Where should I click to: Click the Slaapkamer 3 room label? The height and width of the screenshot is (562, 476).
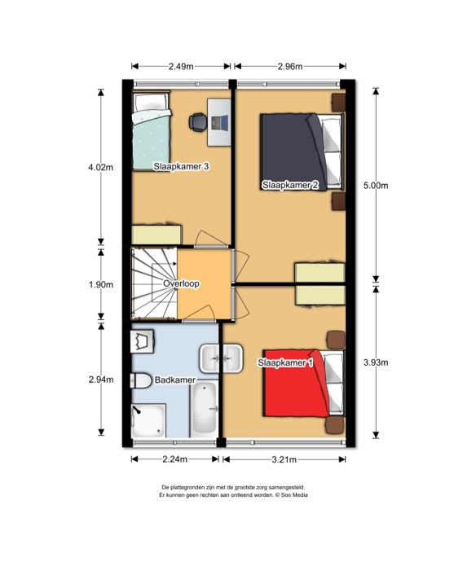point(181,167)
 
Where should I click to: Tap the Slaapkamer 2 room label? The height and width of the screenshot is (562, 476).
point(290,186)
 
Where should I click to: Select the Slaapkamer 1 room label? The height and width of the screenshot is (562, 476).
point(285,362)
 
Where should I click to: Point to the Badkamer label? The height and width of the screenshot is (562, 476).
point(175,380)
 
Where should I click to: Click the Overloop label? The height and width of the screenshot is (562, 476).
point(181,284)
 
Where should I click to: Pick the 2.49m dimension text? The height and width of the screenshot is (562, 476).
point(181,66)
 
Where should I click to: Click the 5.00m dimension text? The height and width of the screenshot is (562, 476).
point(376,186)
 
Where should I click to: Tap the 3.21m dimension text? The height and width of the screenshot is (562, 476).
point(284,459)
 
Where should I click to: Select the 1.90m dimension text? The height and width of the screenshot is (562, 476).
point(101,284)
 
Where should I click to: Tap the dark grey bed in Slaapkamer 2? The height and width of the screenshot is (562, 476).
point(302,151)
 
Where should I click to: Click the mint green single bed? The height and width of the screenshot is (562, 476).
point(151,131)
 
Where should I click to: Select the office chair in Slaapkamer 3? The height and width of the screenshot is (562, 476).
point(197,122)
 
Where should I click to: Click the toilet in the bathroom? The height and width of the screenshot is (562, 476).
point(141,381)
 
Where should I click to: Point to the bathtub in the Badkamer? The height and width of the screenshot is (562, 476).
point(204,409)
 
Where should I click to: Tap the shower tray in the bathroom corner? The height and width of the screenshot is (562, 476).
point(149,420)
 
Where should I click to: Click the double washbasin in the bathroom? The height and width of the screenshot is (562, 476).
point(222,358)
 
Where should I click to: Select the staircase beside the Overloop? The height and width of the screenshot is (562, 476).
point(154,283)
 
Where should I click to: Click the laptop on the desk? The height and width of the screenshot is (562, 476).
point(219,122)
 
